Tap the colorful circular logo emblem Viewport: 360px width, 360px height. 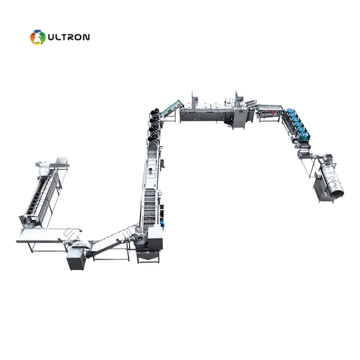[x=38, y=37]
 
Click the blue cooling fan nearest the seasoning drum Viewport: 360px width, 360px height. [x=304, y=134]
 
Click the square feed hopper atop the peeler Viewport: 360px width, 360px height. [x=61, y=161]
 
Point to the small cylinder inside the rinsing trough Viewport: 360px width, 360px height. [x=149, y=171]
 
